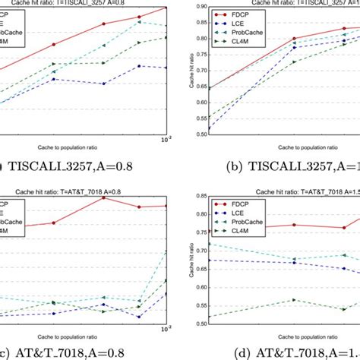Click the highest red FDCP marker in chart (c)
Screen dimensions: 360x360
(103, 197)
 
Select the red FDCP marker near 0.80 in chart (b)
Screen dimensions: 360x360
(295, 38)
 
